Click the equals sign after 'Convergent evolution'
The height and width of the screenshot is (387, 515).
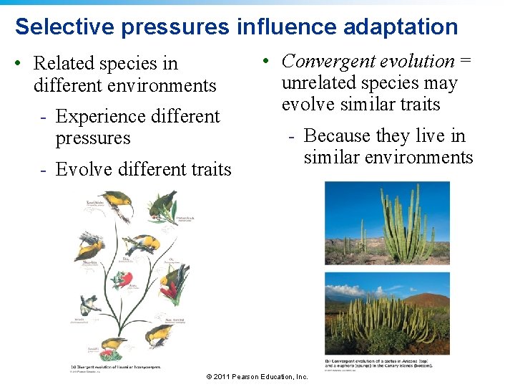pyautogui.click(x=466, y=62)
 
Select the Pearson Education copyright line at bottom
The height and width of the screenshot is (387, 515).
pyautogui.click(x=257, y=377)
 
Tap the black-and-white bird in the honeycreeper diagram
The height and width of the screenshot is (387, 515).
pyautogui.click(x=91, y=304)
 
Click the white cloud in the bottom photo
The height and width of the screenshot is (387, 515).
pyautogui.click(x=343, y=287)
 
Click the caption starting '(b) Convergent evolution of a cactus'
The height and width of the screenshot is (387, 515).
pyautogui.click(x=387, y=363)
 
